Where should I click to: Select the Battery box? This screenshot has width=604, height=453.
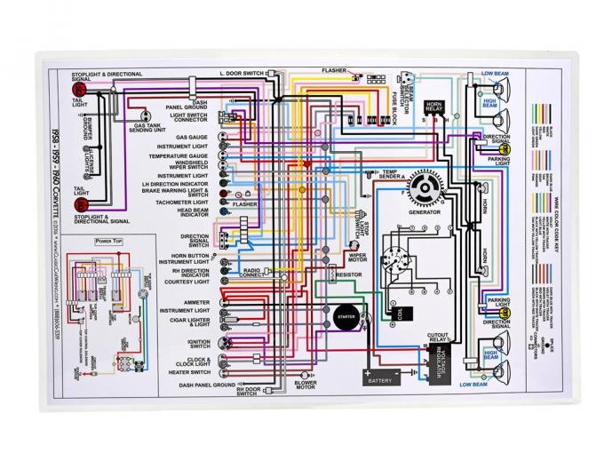click(378, 380)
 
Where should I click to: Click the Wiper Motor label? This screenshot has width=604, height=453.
click(357, 257)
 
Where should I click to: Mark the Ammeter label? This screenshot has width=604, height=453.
click(195, 302)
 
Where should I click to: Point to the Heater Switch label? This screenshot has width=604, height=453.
click(188, 373)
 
